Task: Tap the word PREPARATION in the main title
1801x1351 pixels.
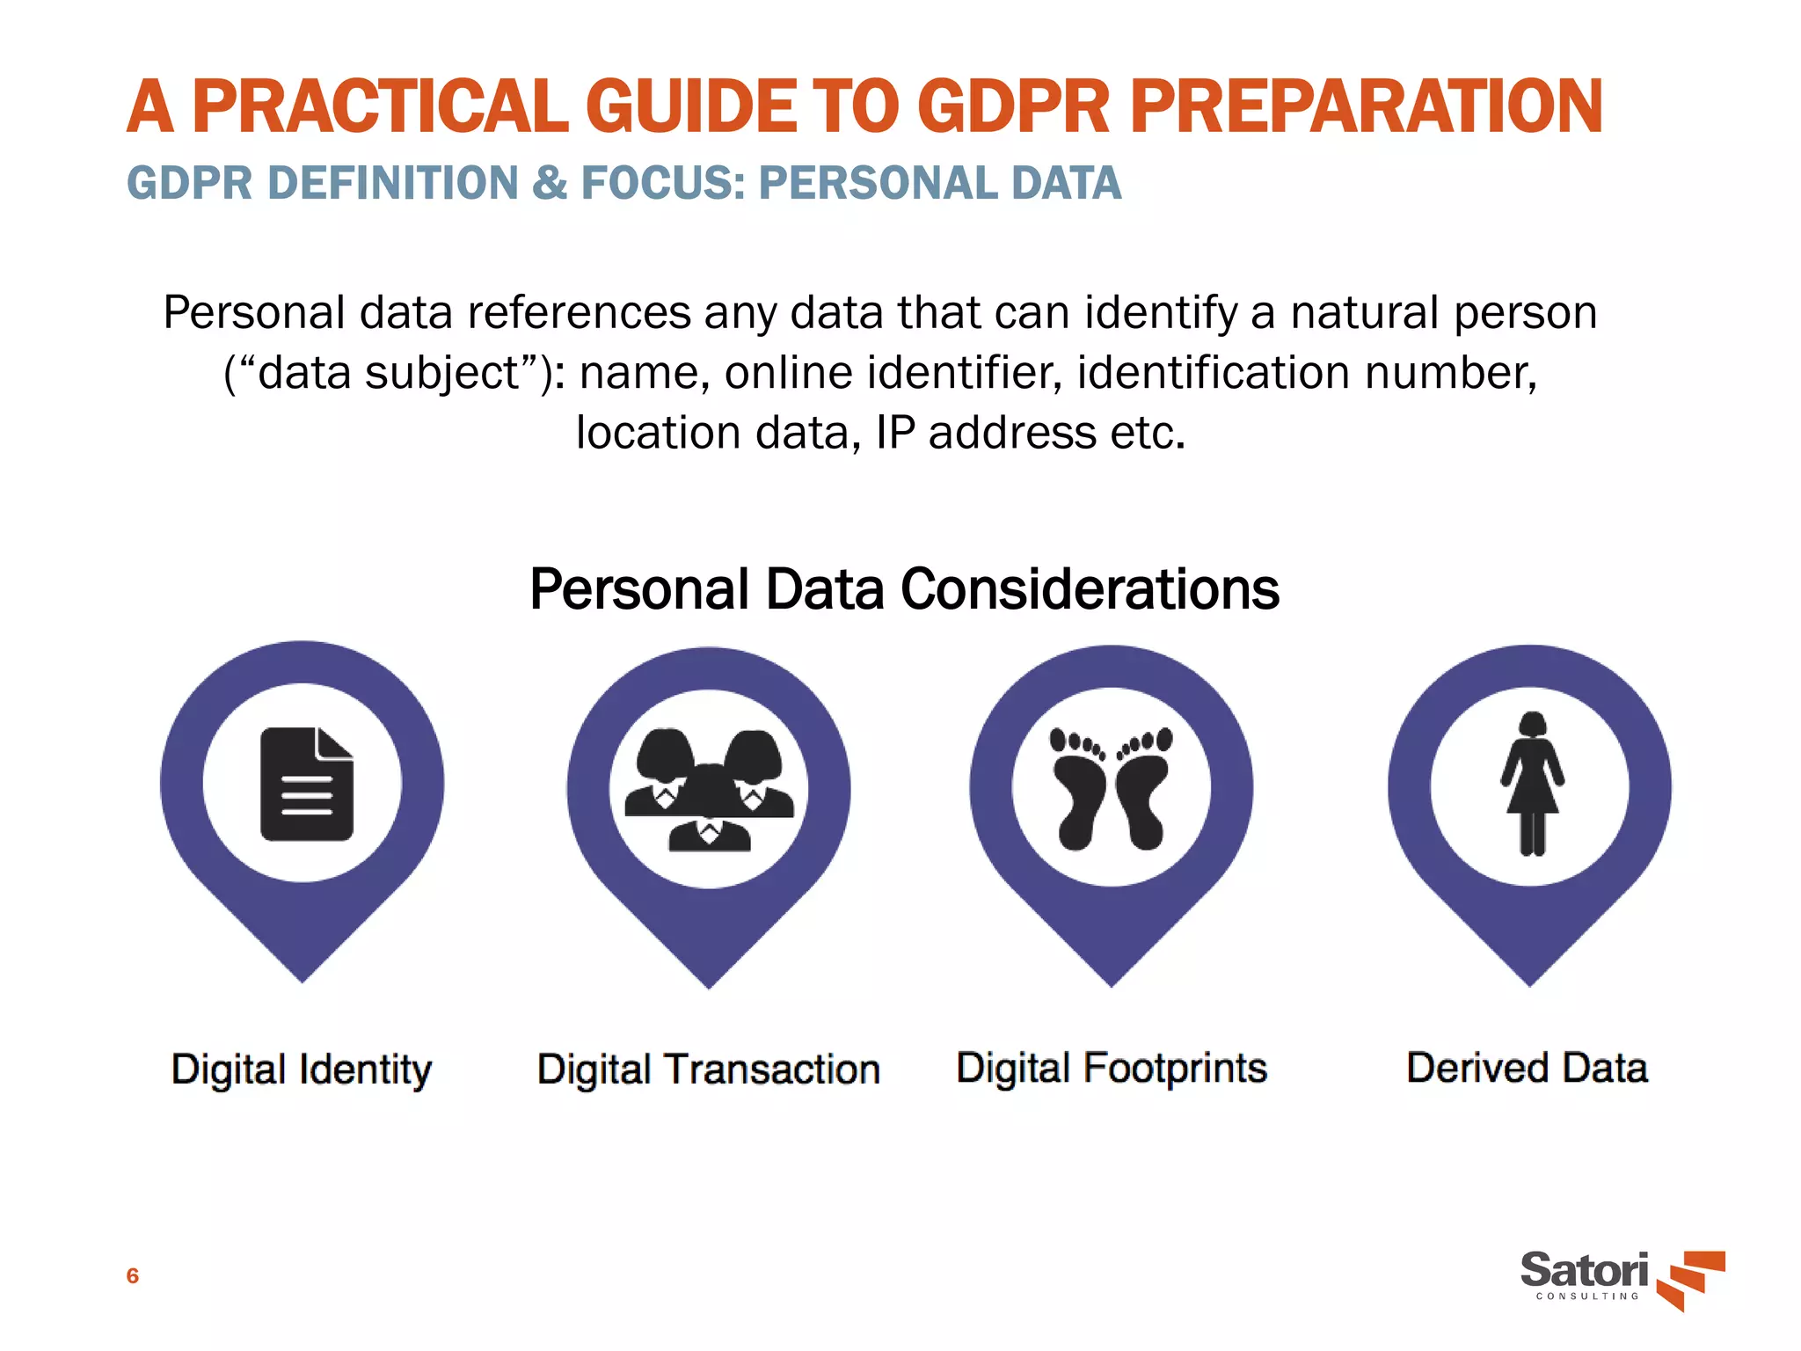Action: pos(1366,107)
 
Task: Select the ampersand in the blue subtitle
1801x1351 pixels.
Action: pos(550,184)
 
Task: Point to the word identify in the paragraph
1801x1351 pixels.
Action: pos(1160,314)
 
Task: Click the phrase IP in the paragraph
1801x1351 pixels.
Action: pos(895,433)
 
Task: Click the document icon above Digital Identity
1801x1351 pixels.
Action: pos(306,784)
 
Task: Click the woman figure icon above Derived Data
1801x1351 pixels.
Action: pos(1532,784)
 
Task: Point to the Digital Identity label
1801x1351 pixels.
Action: pos(302,1070)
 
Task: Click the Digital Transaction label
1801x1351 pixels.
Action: pos(709,1070)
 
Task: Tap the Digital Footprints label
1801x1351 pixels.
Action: pos(1112,1068)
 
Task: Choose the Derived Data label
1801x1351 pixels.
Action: pos(1528,1068)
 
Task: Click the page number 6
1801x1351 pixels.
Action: pos(133,1275)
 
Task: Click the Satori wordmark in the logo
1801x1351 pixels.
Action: pos(1584,1271)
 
